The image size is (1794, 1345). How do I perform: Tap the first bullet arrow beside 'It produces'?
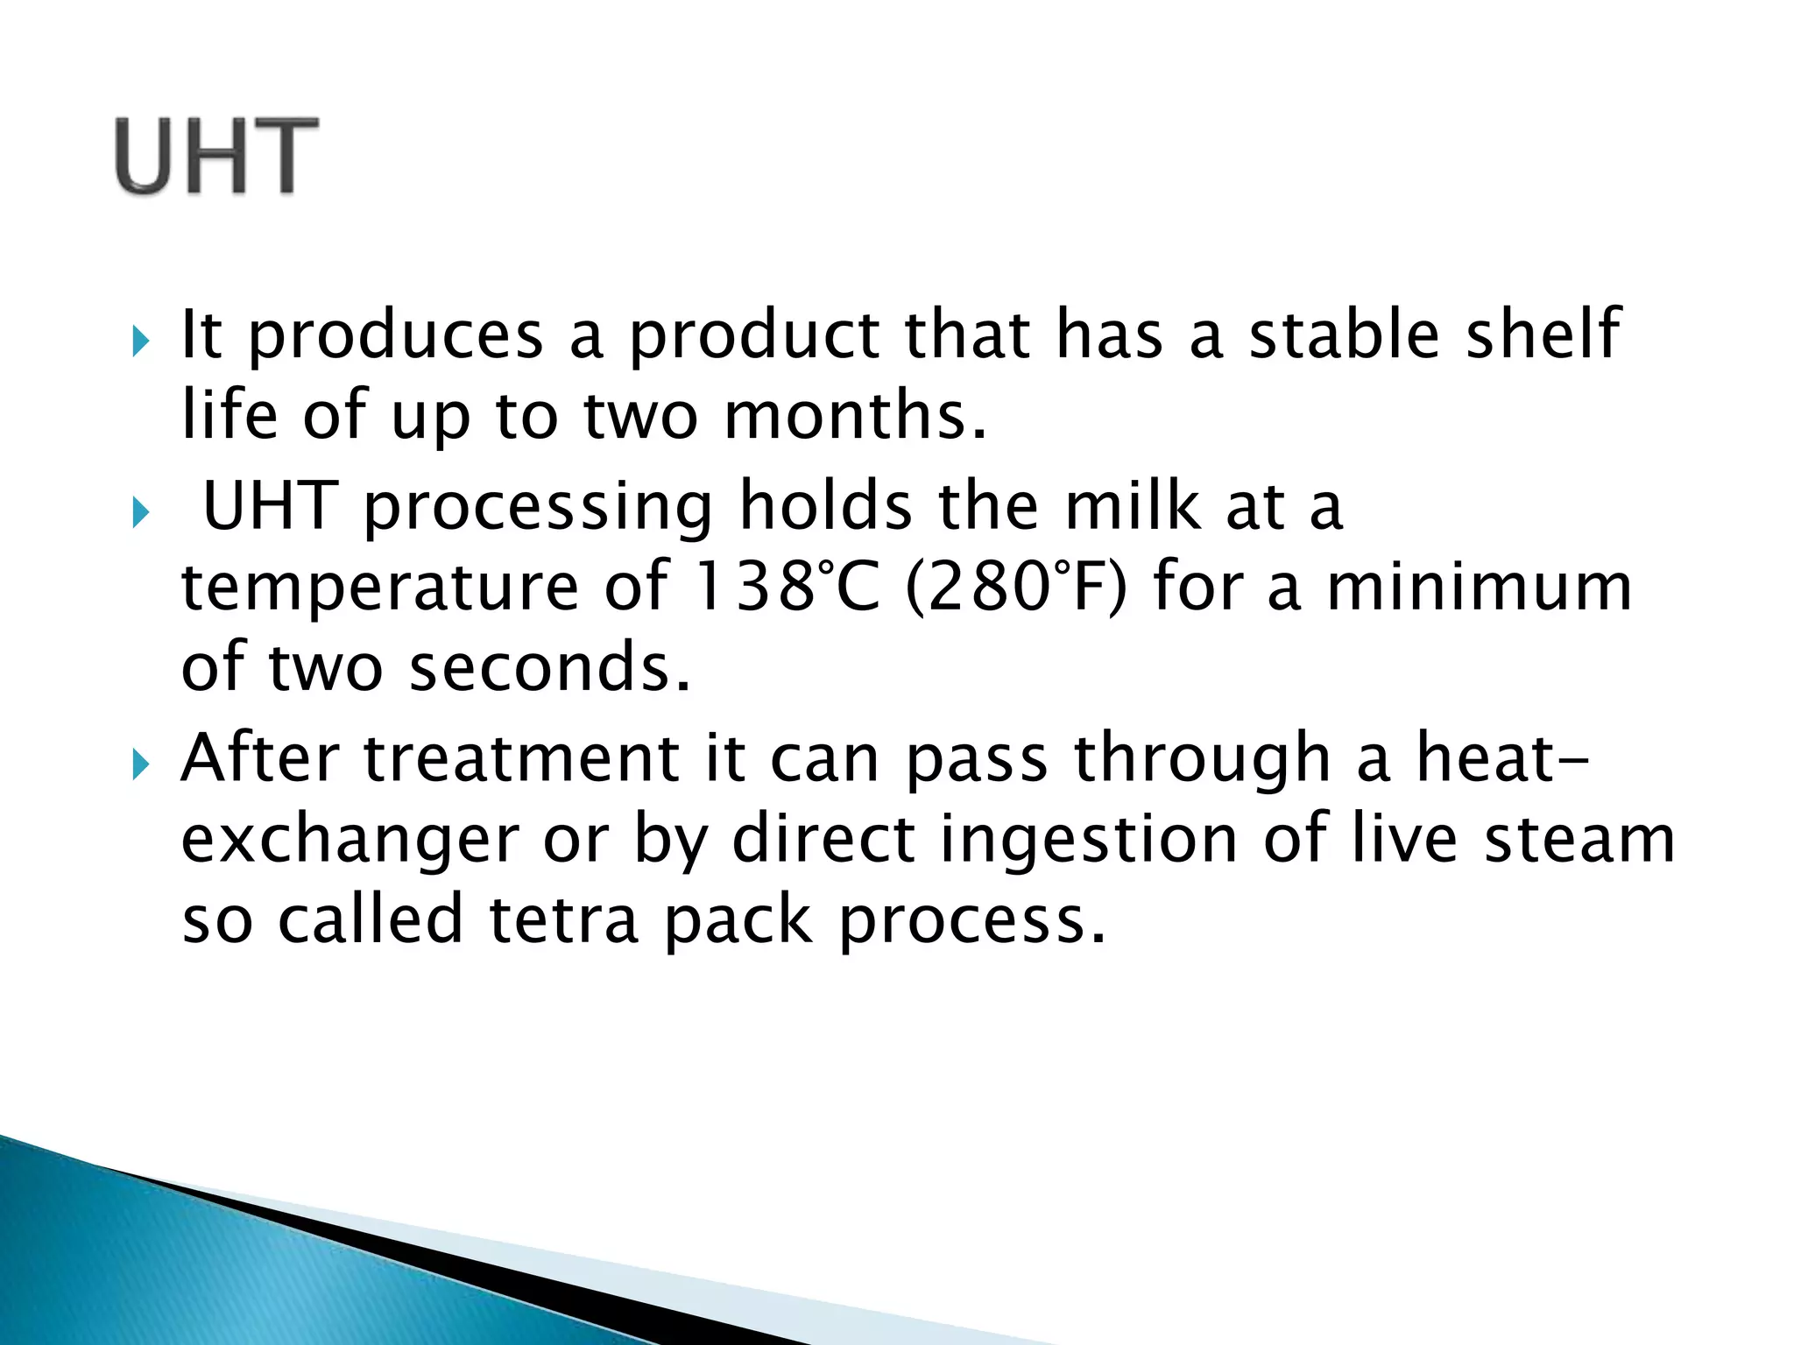point(141,341)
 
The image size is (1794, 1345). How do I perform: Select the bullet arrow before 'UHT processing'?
point(141,512)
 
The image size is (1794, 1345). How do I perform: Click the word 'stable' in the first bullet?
point(1344,335)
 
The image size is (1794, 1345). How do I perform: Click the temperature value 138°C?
point(785,586)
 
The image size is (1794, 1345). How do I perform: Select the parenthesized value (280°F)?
point(1017,587)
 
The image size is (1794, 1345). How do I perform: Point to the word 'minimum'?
point(1480,586)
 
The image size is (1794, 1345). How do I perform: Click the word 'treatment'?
point(520,758)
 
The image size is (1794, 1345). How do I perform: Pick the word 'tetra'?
point(563,920)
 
